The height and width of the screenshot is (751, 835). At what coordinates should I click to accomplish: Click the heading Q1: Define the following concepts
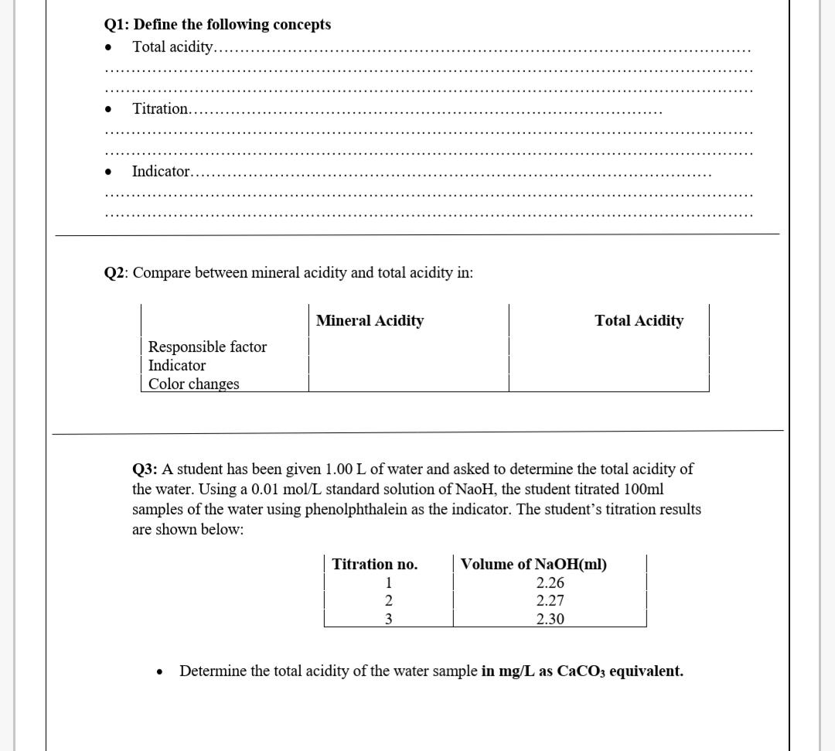click(x=217, y=25)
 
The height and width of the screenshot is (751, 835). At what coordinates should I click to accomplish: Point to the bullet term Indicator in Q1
click(x=161, y=171)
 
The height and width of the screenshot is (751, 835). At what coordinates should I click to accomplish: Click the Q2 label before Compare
click(x=116, y=273)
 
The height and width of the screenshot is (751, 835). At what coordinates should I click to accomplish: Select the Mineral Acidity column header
click(x=370, y=320)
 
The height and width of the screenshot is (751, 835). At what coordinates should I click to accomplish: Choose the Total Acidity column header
click(x=639, y=320)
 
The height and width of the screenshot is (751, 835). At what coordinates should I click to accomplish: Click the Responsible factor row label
click(x=207, y=346)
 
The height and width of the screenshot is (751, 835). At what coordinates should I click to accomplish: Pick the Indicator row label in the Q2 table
click(x=177, y=365)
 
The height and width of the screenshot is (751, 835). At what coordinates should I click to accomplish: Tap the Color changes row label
click(x=194, y=384)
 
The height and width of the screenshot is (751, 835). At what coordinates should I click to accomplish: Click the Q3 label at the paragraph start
click(x=145, y=469)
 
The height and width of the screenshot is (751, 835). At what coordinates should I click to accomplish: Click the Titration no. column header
click(x=375, y=565)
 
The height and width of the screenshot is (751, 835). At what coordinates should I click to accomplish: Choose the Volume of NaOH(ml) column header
click(x=533, y=565)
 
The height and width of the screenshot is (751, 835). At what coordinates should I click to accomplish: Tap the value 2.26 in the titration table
click(x=550, y=583)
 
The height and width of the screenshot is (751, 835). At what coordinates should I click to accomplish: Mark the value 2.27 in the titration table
click(x=550, y=601)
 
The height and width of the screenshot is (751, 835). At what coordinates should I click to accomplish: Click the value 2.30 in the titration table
click(x=550, y=619)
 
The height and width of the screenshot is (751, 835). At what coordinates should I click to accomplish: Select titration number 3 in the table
click(x=390, y=619)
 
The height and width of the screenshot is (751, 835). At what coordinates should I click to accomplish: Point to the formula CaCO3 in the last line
click(x=581, y=671)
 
